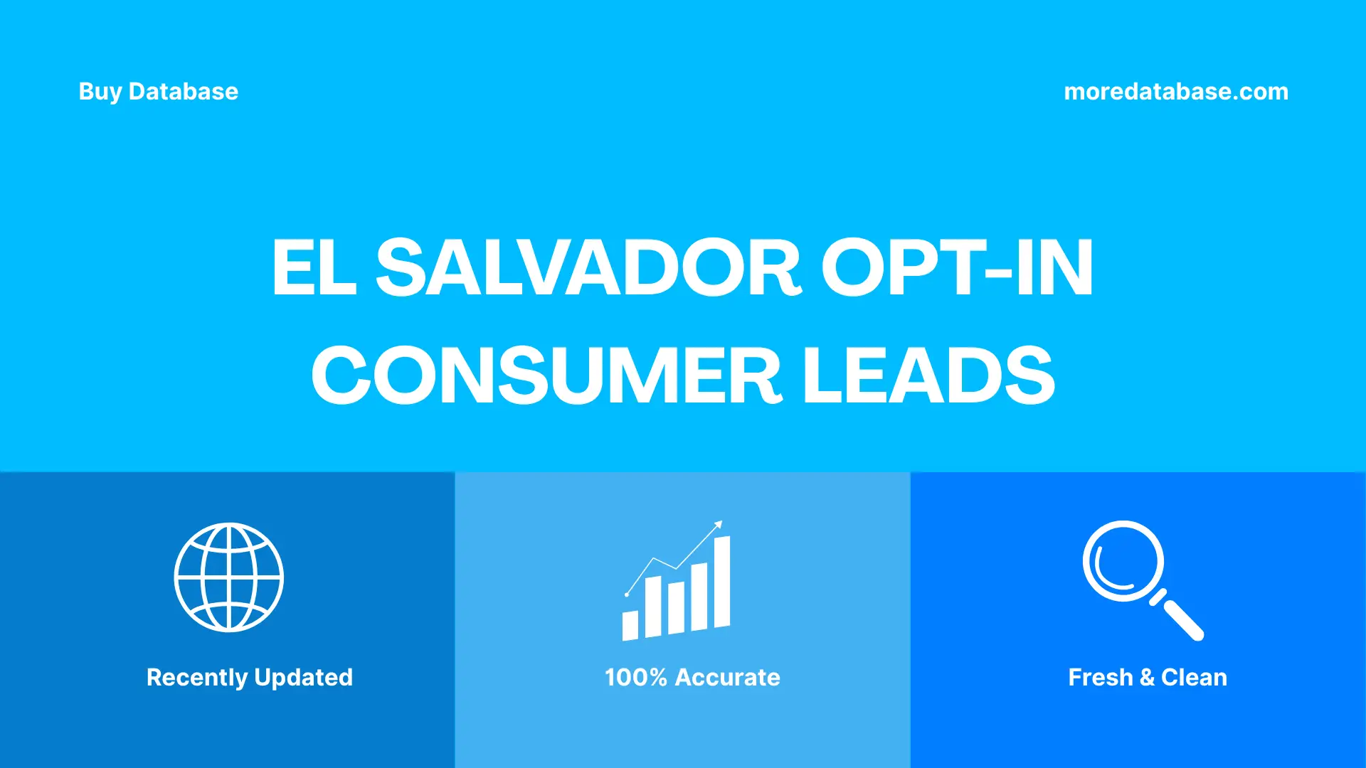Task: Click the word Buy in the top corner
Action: pyautogui.click(x=100, y=92)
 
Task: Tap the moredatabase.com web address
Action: pyautogui.click(x=1175, y=92)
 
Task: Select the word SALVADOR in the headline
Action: pyautogui.click(x=588, y=268)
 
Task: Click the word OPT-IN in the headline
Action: pyautogui.click(x=957, y=268)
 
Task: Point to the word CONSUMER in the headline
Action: pyautogui.click(x=546, y=375)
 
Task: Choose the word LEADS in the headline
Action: pyautogui.click(x=928, y=375)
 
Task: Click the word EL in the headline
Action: pyautogui.click(x=314, y=268)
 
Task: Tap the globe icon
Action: pyautogui.click(x=229, y=577)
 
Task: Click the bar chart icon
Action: pyautogui.click(x=677, y=583)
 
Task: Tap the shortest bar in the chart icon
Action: pyautogui.click(x=630, y=625)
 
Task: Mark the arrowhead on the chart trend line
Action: pyautogui.click(x=719, y=525)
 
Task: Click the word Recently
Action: pyautogui.click(x=196, y=678)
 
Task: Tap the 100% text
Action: pyautogui.click(x=635, y=678)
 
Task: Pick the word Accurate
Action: pyautogui.click(x=727, y=678)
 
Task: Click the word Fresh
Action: pyautogui.click(x=1100, y=678)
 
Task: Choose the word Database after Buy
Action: pyautogui.click(x=184, y=92)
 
